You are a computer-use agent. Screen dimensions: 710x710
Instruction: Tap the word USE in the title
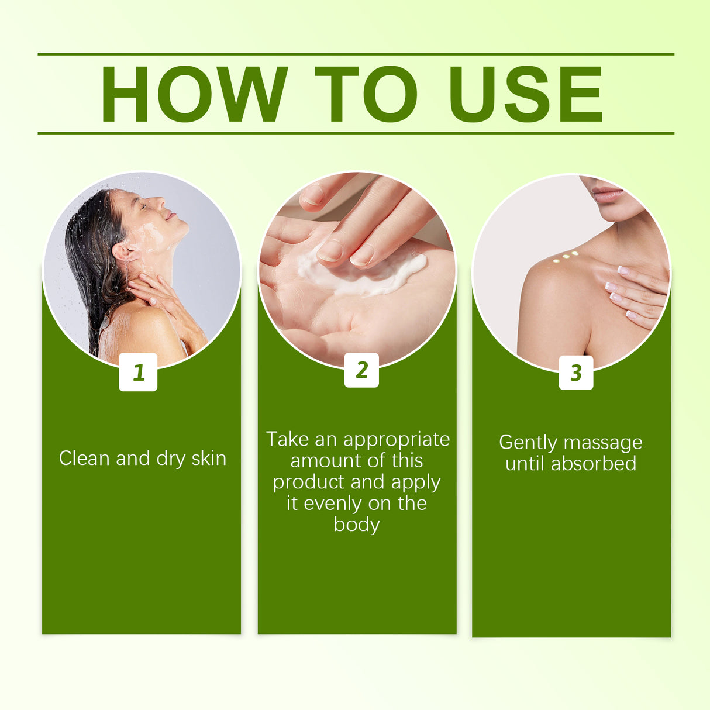click(525, 94)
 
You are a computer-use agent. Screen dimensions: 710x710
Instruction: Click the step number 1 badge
click(138, 372)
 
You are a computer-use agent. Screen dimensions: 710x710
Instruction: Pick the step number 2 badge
click(361, 370)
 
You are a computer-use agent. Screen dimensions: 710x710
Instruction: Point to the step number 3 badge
click(575, 373)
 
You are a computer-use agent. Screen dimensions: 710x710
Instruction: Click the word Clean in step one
click(84, 458)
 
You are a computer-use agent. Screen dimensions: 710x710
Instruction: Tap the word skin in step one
click(209, 458)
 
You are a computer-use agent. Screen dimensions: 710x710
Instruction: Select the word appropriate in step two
click(397, 439)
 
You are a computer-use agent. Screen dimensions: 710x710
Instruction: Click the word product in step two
click(309, 482)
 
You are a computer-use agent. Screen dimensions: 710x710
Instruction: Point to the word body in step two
click(356, 525)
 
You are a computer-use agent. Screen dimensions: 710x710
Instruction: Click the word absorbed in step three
click(593, 464)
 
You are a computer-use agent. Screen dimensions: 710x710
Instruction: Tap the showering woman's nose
click(158, 204)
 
